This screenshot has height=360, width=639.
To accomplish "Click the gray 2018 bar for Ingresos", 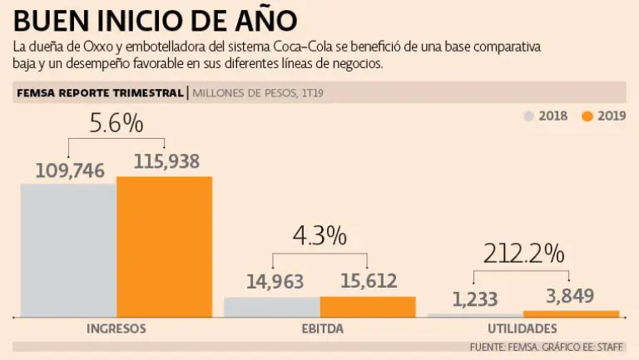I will click(x=68, y=249).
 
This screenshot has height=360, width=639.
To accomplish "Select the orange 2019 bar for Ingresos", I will click(x=164, y=246).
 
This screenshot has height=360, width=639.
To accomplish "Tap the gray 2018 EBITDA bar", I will click(x=272, y=307).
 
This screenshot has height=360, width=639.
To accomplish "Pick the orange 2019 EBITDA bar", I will click(x=367, y=306).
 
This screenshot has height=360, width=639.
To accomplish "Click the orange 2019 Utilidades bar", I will click(x=572, y=313).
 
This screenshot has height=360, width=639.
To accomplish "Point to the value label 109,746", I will click(x=70, y=170).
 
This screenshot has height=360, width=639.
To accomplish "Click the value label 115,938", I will click(x=165, y=162).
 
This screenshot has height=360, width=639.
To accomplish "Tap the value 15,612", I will click(x=368, y=282).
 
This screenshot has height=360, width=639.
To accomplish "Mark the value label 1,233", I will click(x=476, y=299).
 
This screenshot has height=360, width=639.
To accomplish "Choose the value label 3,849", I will click(x=573, y=295).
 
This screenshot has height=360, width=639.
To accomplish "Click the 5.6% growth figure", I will click(x=116, y=124).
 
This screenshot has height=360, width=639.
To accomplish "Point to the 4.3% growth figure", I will click(x=319, y=236).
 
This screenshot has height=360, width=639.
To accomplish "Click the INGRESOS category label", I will click(x=116, y=329).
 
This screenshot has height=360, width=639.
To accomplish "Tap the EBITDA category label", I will click(x=319, y=329).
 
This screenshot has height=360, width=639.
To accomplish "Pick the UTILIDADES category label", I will click(x=523, y=329).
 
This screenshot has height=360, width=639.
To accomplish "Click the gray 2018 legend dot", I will click(x=528, y=116).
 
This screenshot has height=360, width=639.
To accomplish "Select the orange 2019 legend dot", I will click(x=587, y=116).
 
